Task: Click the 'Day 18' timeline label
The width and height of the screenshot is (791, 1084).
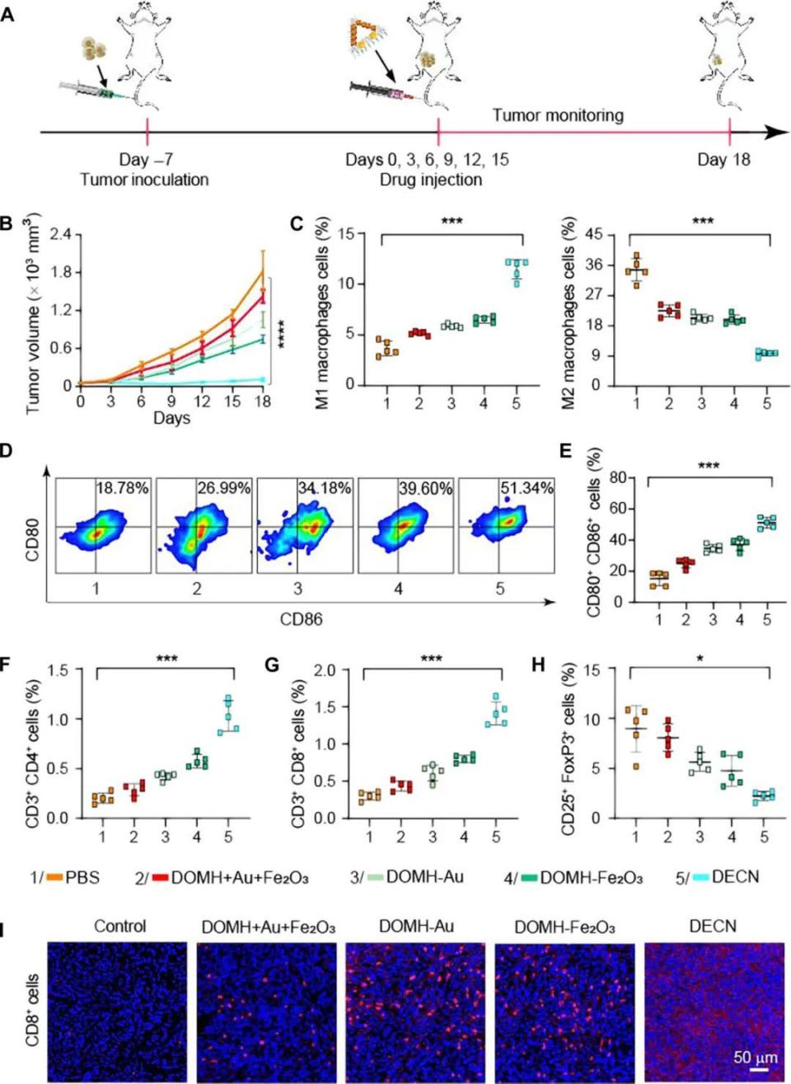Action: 723,159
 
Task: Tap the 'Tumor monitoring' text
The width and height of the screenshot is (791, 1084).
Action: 558,115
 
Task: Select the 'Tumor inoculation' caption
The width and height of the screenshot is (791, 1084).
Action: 144,180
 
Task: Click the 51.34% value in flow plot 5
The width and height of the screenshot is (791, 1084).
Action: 527,488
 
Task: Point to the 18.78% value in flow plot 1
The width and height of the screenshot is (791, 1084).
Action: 123,488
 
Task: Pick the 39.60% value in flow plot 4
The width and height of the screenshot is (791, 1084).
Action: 425,488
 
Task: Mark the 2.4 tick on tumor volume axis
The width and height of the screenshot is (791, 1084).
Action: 60,235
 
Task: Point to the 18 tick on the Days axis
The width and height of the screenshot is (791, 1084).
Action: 262,401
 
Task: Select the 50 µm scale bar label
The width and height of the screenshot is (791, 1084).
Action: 755,1057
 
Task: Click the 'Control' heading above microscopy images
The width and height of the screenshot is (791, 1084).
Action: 119,926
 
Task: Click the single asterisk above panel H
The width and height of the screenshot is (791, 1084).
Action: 700,659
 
